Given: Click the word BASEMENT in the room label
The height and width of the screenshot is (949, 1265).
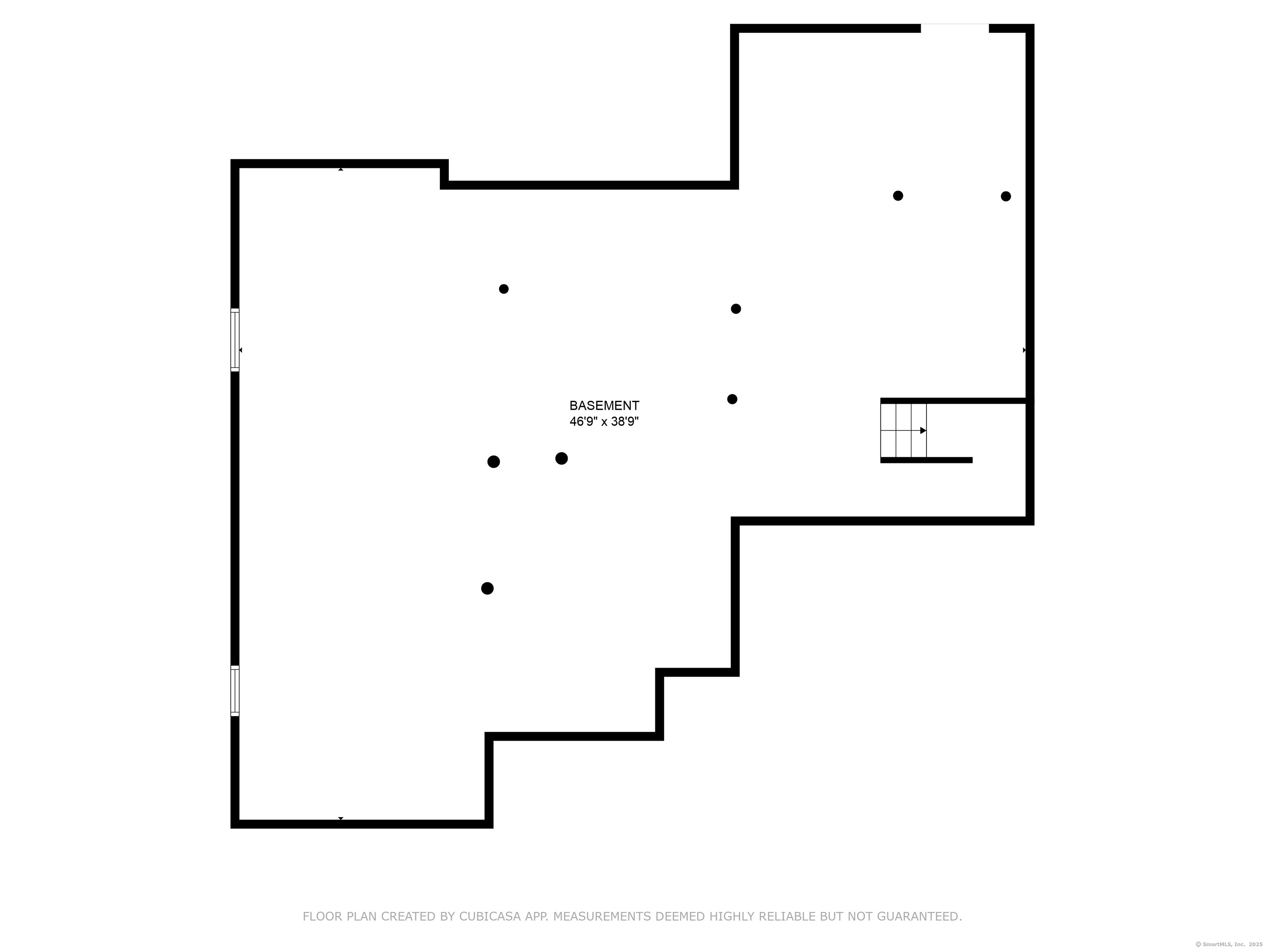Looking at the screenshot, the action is [604, 406].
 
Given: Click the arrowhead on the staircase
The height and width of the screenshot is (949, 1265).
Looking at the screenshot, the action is [923, 430].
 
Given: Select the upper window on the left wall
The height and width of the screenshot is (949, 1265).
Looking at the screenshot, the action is [234, 340].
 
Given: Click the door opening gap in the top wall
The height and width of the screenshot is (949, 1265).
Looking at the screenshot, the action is [955, 28].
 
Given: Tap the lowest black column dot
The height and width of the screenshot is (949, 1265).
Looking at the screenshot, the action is [487, 588].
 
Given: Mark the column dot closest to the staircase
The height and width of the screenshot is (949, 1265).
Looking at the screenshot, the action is [732, 399].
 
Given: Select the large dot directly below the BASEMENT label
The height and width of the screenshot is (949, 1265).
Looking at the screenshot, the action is [562, 458].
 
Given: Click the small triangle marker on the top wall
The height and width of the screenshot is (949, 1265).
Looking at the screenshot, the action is [341, 169].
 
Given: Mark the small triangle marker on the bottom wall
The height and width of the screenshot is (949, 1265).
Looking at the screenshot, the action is [341, 818].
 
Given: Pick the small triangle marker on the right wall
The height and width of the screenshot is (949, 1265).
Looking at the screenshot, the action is [1024, 350].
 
